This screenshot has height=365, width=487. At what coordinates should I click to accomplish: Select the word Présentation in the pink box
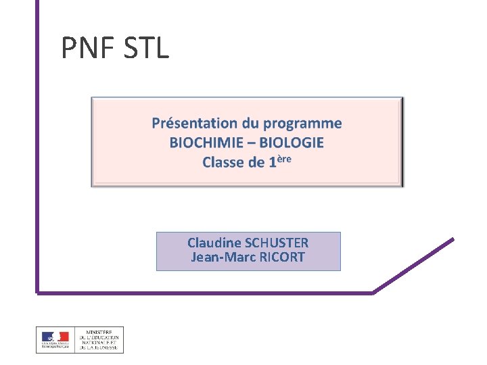click(195, 123)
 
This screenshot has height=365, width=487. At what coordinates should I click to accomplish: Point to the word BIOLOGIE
click(292, 143)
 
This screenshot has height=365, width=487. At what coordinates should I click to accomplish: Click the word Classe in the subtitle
click(223, 162)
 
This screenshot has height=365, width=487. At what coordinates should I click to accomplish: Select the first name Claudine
click(214, 243)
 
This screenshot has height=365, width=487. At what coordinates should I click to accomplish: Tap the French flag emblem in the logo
click(55, 337)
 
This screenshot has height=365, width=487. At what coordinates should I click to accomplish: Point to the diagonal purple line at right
click(414, 265)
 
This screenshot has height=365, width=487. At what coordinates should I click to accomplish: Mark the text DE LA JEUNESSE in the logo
click(99, 349)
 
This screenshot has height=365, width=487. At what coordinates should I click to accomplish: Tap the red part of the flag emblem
click(64, 336)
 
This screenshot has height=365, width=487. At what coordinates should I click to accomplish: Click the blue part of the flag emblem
click(47, 336)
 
